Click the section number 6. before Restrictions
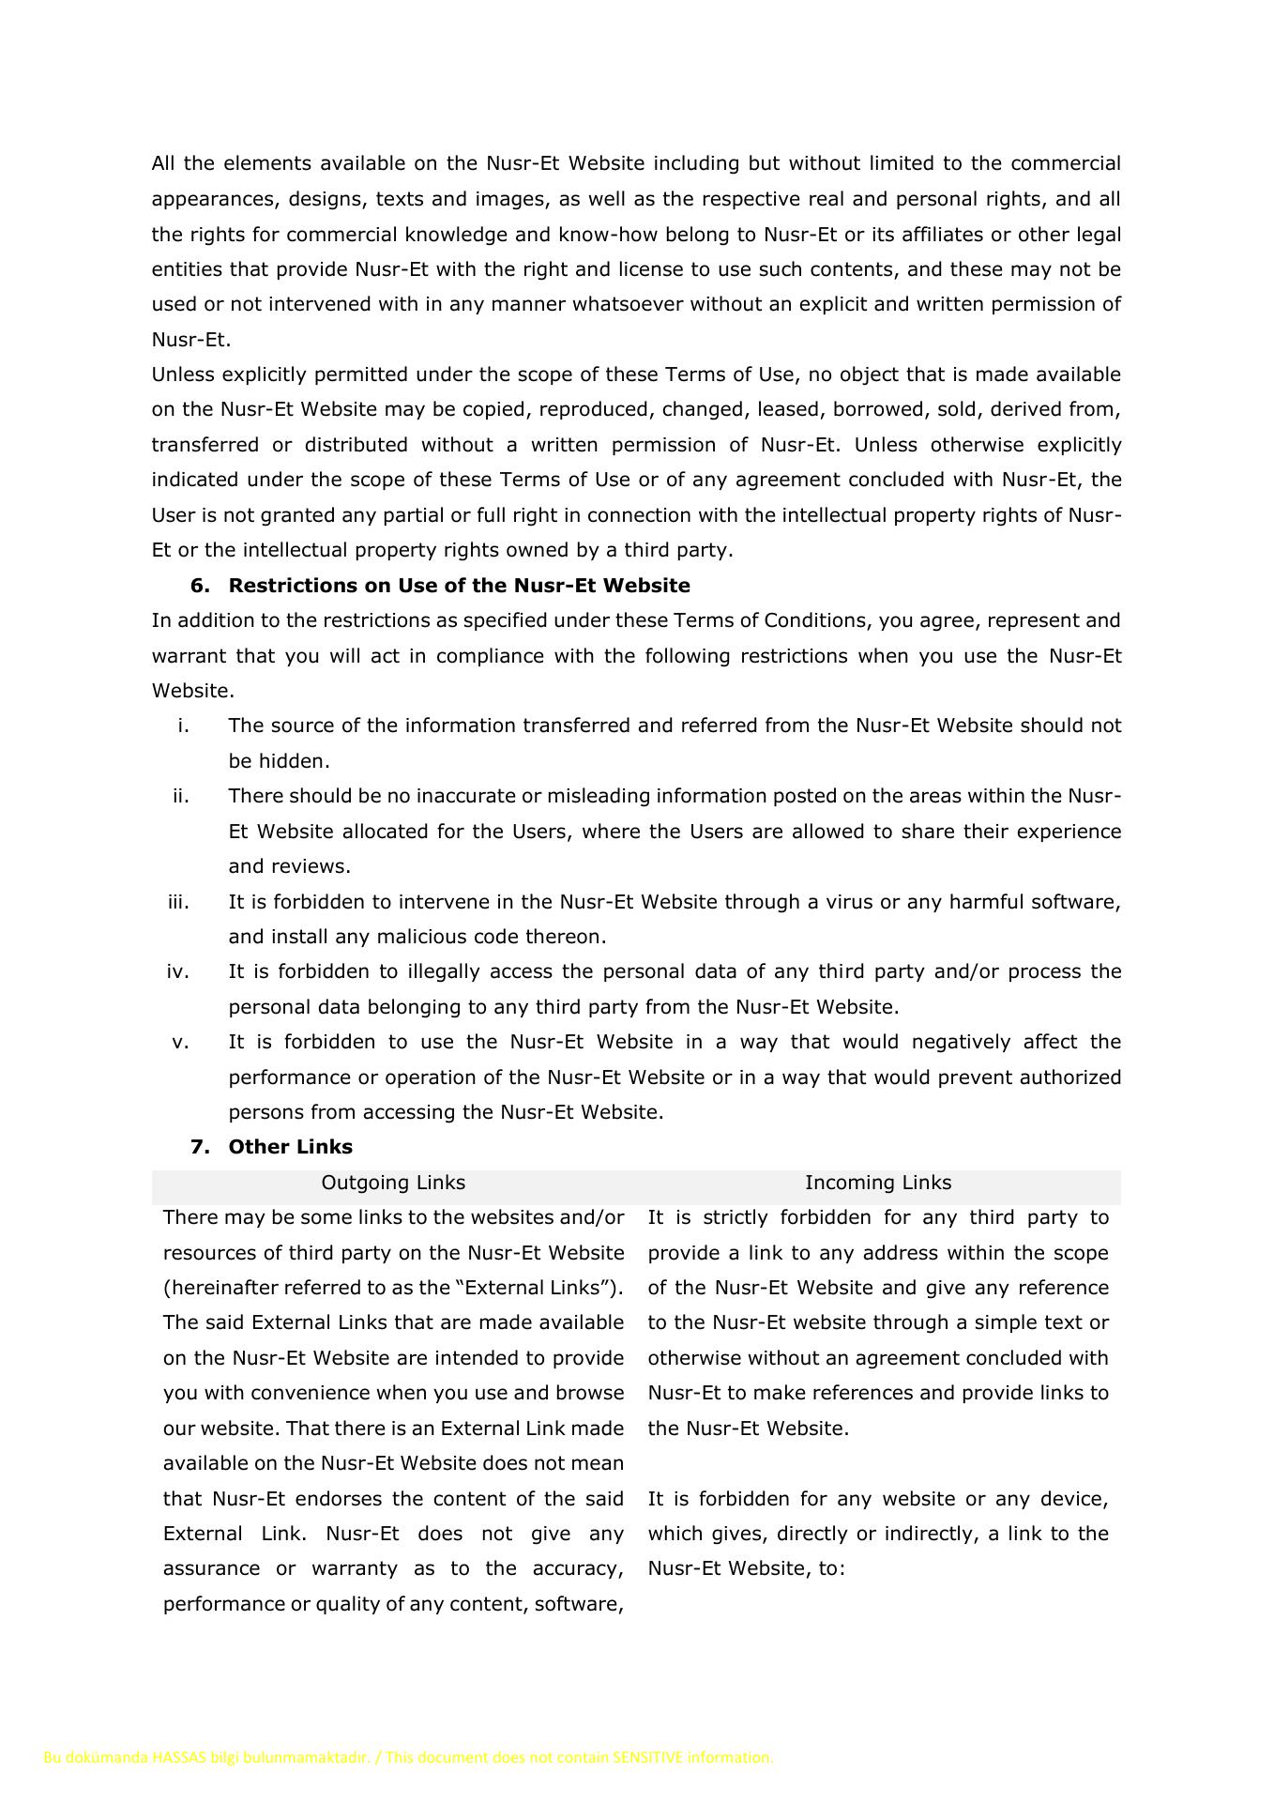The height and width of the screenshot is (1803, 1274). click(200, 586)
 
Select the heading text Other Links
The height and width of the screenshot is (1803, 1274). click(290, 1147)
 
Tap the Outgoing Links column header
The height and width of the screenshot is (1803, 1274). click(393, 1183)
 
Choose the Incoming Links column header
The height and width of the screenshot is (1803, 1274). click(877, 1183)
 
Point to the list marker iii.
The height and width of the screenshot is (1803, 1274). click(178, 902)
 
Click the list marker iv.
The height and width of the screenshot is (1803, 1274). click(178, 971)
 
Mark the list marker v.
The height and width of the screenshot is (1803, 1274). click(181, 1042)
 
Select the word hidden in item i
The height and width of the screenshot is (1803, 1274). click(295, 761)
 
